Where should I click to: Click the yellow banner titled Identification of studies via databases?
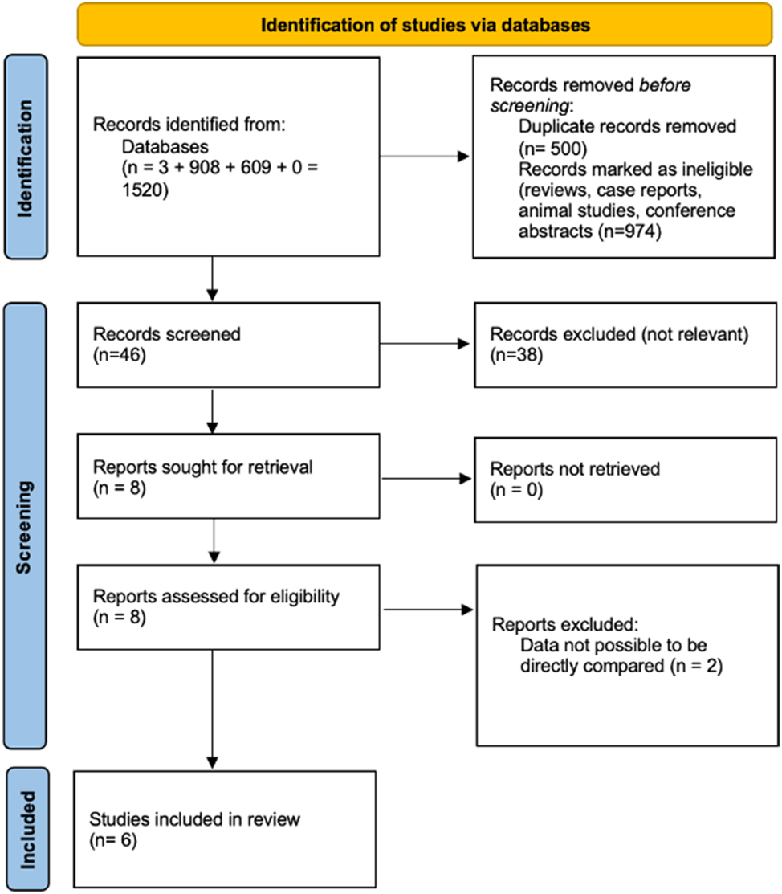426,25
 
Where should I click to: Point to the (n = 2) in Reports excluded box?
698,664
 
